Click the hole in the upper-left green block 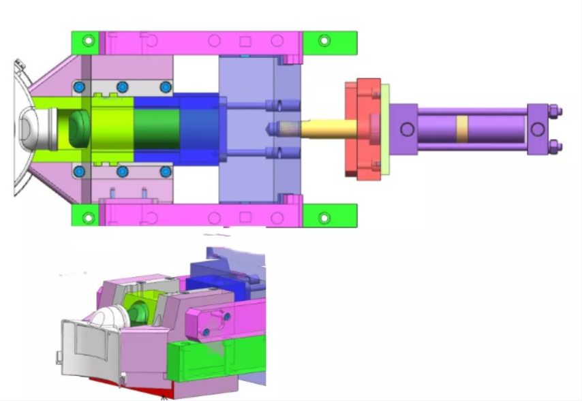87,40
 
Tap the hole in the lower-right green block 324,218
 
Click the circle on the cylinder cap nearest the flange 407,129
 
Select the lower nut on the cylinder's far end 553,145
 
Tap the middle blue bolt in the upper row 123,86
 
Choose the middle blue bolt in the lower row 123,171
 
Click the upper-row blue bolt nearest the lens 80,86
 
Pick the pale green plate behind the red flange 386,128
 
